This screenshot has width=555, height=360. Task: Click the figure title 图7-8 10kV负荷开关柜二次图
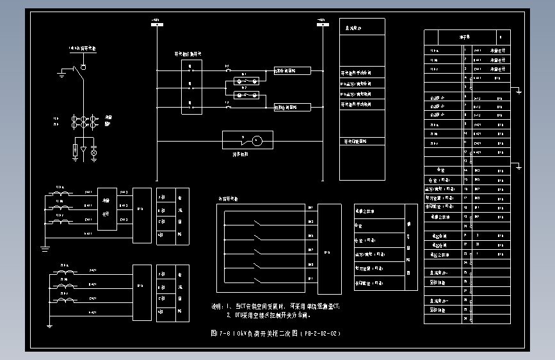(x=276, y=334)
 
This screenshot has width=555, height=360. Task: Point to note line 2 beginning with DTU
(x=269, y=315)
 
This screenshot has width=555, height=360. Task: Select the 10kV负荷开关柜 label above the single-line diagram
(x=83, y=48)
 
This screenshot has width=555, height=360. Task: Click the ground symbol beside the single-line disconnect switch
(x=61, y=74)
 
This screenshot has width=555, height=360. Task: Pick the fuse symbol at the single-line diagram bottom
(x=76, y=151)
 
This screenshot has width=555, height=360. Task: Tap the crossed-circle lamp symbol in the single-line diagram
(x=93, y=152)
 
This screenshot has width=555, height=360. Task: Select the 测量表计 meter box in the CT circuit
(x=107, y=209)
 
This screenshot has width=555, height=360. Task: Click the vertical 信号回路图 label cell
(x=409, y=247)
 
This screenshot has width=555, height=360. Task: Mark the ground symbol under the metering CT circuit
(x=45, y=247)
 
